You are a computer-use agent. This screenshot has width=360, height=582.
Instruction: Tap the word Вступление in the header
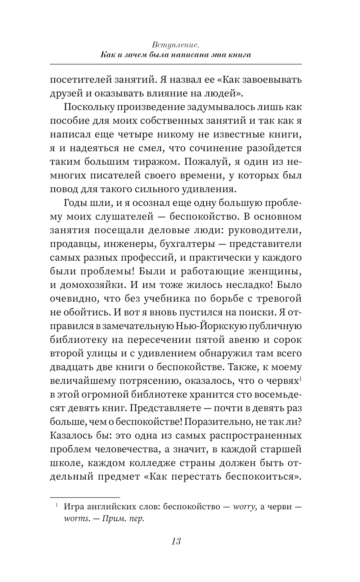tap(176, 45)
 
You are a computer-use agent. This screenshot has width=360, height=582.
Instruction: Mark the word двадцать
tap(70, 367)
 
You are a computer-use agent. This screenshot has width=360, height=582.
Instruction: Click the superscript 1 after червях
tap(300, 378)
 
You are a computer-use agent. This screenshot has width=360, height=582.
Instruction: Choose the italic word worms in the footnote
tap(75, 519)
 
